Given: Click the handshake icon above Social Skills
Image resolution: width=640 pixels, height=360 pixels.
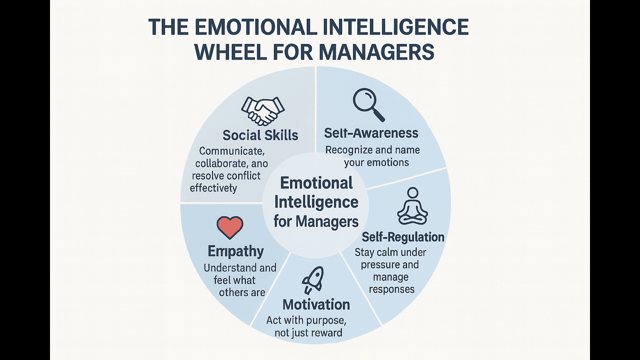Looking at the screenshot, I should [x=262, y=110].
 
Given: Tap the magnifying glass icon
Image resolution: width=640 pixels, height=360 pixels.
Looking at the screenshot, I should [x=368, y=104].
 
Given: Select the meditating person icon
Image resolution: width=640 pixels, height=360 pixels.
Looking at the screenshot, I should [x=412, y=206].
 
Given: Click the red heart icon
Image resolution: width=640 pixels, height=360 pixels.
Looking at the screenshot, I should [x=230, y=227].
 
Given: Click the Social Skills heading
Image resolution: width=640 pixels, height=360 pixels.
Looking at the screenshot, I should [x=260, y=135].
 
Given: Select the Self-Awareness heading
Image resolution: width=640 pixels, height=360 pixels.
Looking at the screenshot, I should [x=371, y=133].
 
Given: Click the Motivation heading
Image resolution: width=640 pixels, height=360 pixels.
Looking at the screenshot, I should [x=316, y=304].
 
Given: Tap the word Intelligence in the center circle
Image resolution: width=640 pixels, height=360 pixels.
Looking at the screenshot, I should [x=316, y=202].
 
